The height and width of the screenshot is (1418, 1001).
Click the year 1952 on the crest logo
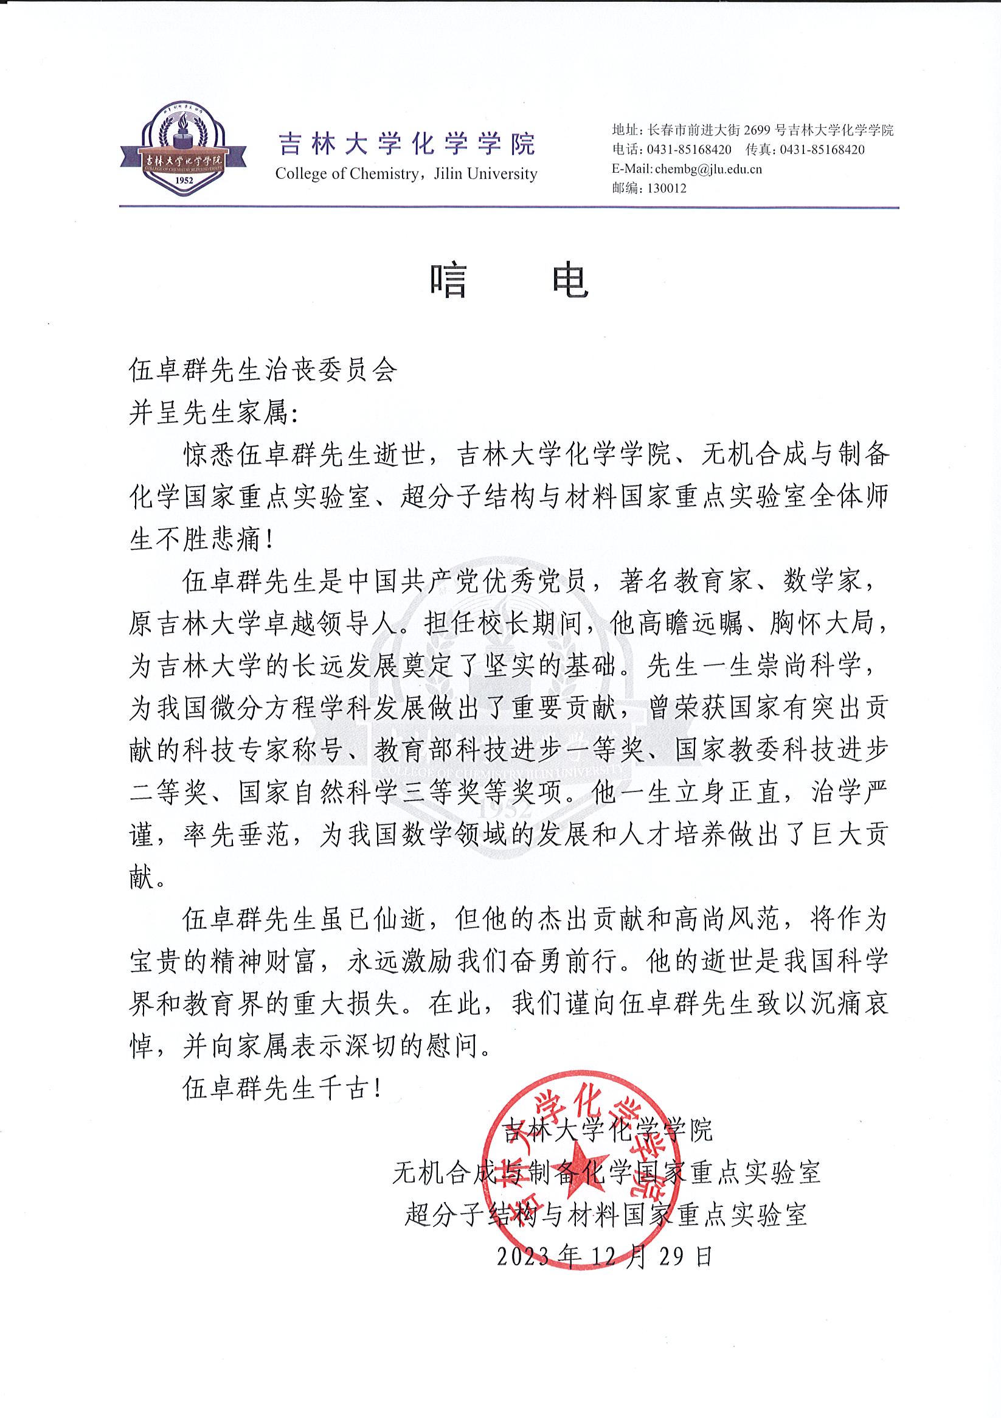185,179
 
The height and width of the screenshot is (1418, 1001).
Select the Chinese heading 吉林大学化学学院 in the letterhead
407,144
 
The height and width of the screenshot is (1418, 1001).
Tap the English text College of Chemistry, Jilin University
406,174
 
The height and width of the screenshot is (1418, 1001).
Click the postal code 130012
667,189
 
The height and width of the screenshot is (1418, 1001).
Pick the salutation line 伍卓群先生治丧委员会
263,370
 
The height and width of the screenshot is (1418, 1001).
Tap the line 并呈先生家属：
213,413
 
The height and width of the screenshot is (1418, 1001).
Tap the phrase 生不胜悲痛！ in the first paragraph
201,540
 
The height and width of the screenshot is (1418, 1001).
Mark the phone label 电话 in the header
626,150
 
